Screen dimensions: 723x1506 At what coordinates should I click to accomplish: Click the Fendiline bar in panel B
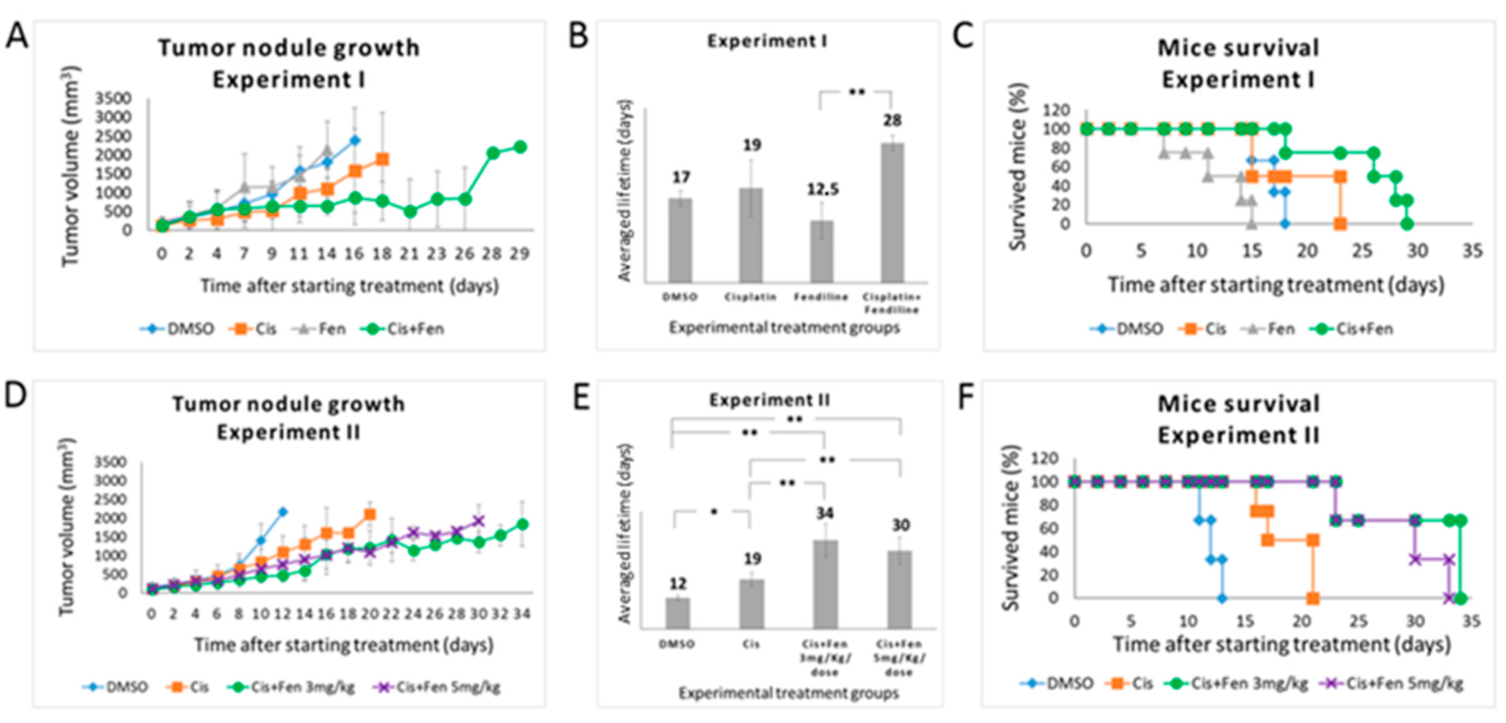point(821,252)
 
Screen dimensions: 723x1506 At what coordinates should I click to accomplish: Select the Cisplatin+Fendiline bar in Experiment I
point(892,213)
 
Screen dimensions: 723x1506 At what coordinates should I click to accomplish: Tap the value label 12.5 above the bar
point(823,189)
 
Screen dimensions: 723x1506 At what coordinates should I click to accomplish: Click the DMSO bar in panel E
point(677,613)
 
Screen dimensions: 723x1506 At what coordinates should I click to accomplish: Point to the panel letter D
point(16,396)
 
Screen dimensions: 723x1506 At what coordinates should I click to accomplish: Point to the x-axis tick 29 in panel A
point(519,254)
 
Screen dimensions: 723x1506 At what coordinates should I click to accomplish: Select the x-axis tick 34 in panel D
point(521,614)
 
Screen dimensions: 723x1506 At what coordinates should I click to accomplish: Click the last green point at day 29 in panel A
point(520,147)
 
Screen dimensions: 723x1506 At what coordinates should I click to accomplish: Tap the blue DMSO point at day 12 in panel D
point(283,512)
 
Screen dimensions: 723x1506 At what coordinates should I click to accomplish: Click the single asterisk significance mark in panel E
point(714,512)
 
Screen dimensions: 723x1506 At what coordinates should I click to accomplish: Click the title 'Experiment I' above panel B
point(767,41)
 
